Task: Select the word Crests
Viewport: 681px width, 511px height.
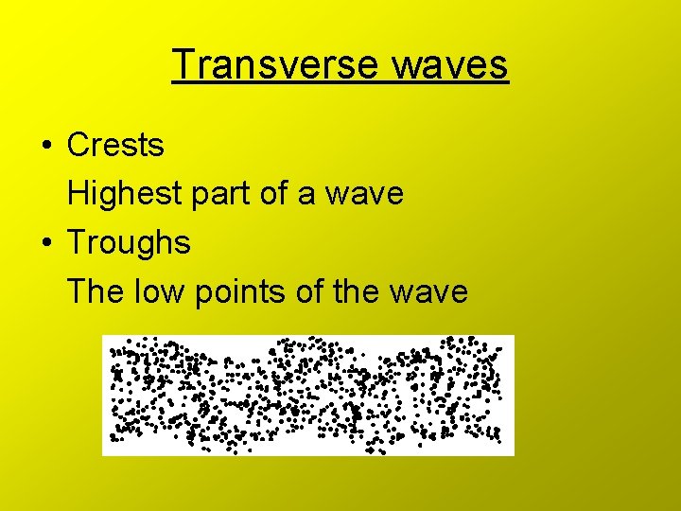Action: tap(115, 146)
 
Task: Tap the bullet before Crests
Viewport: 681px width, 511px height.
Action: tap(45, 147)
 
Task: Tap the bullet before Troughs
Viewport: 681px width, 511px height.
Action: tap(45, 243)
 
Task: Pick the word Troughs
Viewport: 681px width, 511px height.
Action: tap(129, 243)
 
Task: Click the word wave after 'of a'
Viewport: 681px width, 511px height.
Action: tap(364, 195)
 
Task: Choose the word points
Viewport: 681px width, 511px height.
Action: tap(241, 291)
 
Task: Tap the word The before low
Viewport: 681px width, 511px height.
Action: tap(89, 291)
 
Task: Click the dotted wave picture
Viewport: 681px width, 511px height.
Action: tap(307, 395)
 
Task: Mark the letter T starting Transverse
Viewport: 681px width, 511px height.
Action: tap(183, 65)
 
